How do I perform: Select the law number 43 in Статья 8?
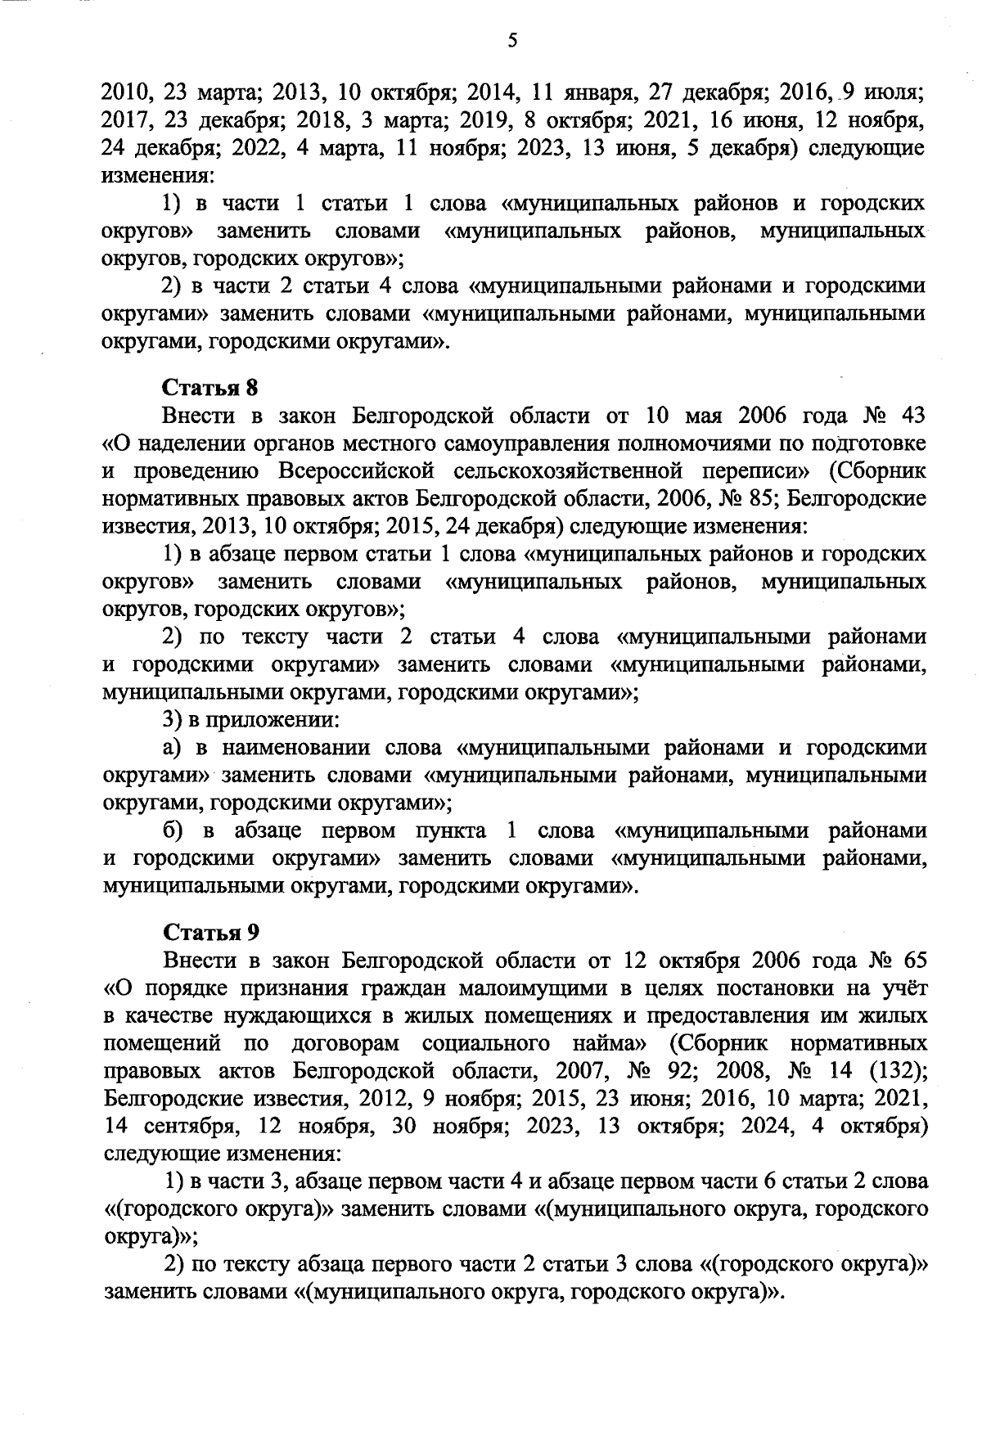point(912,416)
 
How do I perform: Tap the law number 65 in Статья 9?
point(912,961)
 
